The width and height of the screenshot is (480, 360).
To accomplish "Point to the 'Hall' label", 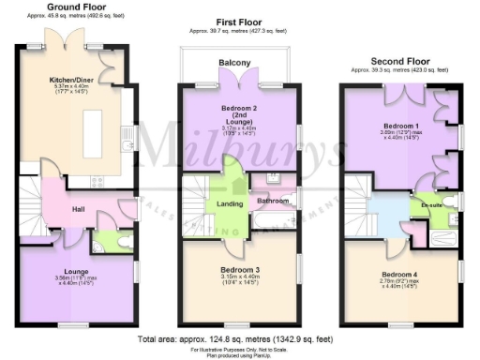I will tap(79, 209).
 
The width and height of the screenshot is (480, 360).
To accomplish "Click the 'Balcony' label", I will tap(235, 63).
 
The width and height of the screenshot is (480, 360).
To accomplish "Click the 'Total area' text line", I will tap(234, 337).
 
